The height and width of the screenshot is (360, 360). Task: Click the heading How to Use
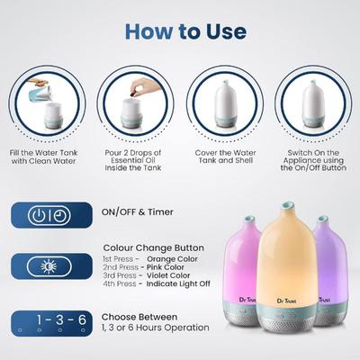[x=184, y=31]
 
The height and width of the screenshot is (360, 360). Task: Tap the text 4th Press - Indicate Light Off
[x=150, y=284]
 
